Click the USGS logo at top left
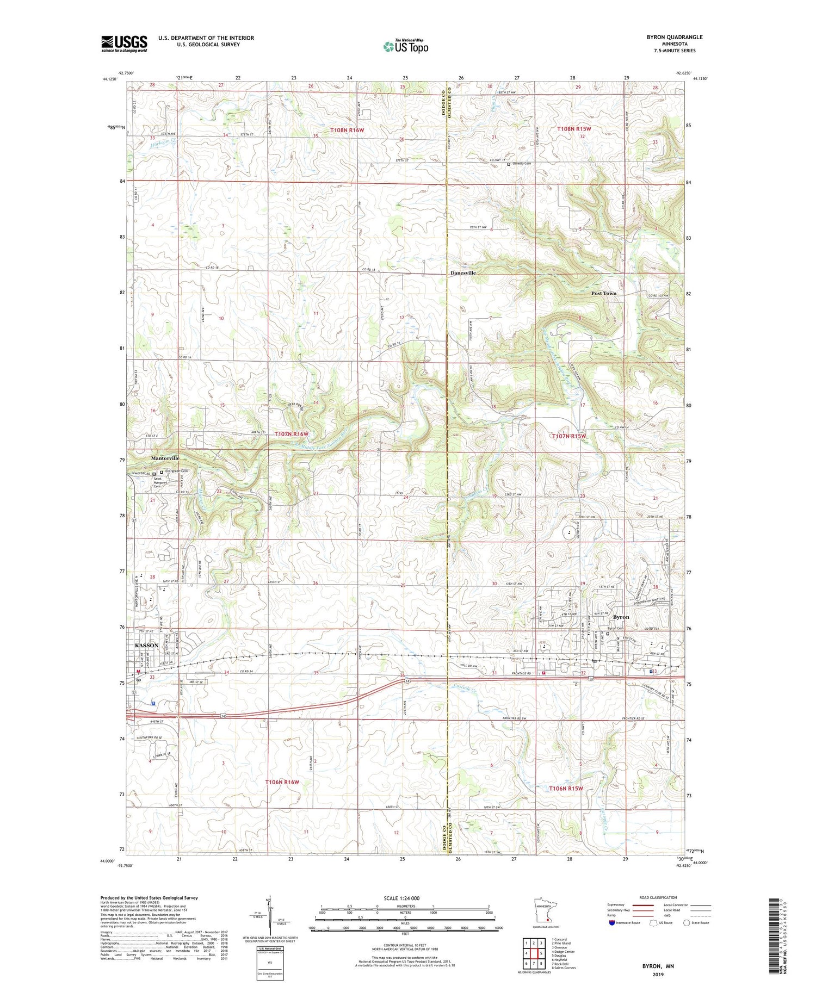pos(124,44)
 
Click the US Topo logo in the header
pos(405,46)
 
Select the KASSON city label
pos(146,645)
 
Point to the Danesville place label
pos(463,273)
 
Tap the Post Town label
pos(604,293)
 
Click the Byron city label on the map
pos(621,617)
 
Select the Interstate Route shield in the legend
pos(612,923)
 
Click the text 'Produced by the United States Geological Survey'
pos(149,898)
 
